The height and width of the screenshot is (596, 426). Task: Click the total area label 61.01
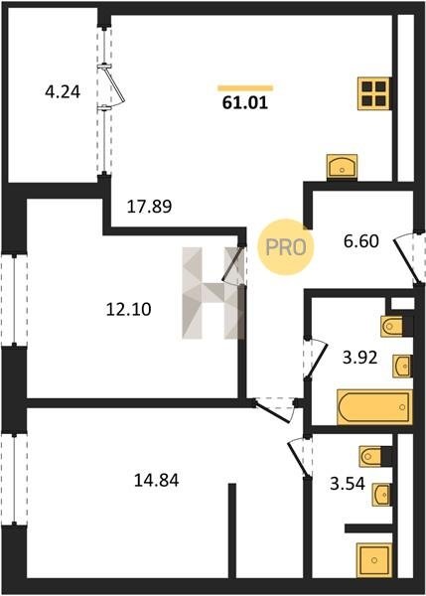click(245, 103)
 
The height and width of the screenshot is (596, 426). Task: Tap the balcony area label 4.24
click(63, 92)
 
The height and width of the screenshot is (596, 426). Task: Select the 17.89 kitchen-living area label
click(149, 207)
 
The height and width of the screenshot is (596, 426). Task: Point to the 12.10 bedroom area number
click(128, 309)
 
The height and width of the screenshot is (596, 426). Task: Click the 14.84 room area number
click(157, 481)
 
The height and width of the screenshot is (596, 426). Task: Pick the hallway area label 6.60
click(361, 241)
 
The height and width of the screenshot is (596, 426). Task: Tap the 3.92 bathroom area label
click(359, 358)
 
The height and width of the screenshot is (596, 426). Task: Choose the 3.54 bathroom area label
click(348, 484)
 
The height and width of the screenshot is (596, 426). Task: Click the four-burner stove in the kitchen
click(374, 93)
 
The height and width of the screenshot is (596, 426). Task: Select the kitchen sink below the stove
click(342, 166)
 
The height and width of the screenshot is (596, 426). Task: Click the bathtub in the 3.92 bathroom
click(374, 407)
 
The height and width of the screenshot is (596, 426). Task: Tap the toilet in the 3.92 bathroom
click(392, 326)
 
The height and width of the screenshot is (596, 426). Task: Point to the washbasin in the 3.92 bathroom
click(402, 367)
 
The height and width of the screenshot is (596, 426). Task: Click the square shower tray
click(374, 560)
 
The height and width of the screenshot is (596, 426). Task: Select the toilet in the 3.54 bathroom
click(371, 456)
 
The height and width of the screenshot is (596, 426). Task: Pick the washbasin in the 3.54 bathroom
click(381, 495)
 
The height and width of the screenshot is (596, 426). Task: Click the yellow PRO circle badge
click(286, 247)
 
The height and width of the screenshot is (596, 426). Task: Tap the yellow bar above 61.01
click(245, 88)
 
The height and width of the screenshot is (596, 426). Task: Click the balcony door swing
click(115, 85)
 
